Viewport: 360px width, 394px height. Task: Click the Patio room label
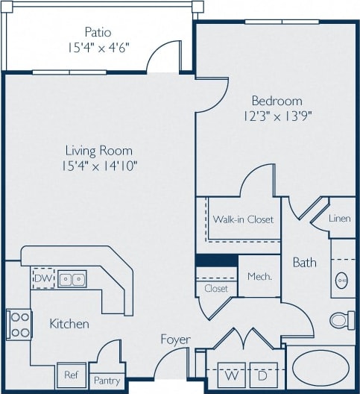click(98, 32)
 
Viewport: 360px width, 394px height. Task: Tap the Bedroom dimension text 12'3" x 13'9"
click(277, 116)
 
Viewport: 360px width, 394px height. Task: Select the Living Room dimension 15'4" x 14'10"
click(101, 165)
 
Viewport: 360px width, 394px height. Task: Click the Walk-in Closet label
click(243, 219)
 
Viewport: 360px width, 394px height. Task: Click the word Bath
click(304, 263)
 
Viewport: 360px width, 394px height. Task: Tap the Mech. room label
click(259, 276)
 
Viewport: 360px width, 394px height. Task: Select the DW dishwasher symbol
click(42, 279)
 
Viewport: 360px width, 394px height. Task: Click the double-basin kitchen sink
click(72, 279)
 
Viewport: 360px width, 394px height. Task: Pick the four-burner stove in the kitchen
click(19, 324)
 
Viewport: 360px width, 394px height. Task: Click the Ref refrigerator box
click(71, 375)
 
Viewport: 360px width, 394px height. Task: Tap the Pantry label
click(106, 380)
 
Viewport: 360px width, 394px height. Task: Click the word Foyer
click(176, 340)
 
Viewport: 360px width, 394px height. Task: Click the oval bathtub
click(321, 369)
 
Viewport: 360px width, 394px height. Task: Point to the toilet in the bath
click(342, 320)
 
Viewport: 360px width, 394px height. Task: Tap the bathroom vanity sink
click(342, 280)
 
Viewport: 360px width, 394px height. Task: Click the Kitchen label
click(69, 324)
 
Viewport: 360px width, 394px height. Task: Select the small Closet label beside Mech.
click(216, 288)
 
